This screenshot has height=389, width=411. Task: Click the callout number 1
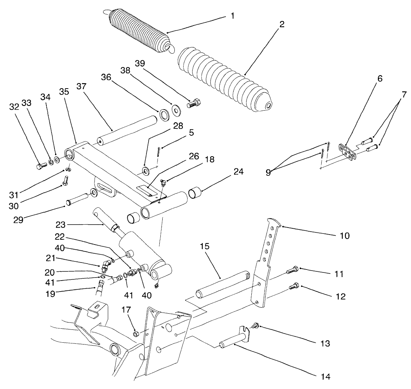click(x=232, y=16)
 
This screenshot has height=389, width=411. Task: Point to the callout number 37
click(x=82, y=86)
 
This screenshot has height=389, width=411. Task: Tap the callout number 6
click(x=379, y=78)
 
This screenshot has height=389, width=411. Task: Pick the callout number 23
click(x=62, y=224)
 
